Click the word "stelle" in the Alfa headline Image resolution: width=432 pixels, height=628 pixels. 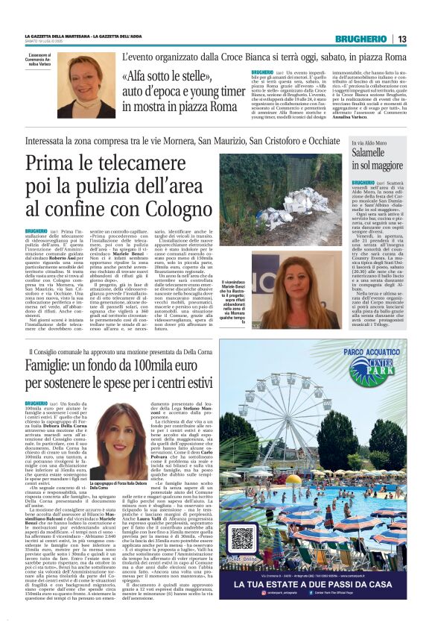tap(177, 76)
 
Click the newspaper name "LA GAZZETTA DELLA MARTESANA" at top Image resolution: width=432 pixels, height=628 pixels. tap(59, 36)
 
